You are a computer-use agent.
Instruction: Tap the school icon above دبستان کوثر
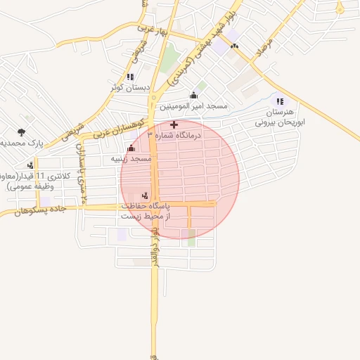click(129, 77)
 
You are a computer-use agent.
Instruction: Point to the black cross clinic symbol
click(174, 125)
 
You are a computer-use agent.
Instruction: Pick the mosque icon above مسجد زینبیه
click(131, 148)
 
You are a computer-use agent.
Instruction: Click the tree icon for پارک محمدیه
click(21, 131)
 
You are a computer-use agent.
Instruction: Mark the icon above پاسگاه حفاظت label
click(145, 195)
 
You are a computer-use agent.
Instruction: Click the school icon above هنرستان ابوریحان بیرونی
click(281, 101)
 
